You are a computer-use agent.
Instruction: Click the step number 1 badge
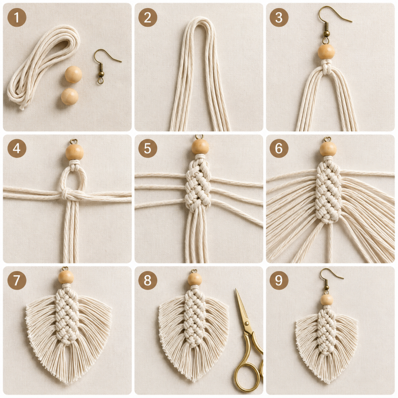(x=17, y=17)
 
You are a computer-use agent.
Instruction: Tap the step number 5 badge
(x=148, y=148)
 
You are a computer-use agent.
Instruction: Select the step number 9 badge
(x=279, y=280)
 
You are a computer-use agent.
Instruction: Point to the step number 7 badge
(x=17, y=280)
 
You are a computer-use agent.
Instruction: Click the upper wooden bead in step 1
(x=73, y=74)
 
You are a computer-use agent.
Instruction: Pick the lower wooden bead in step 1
(x=70, y=97)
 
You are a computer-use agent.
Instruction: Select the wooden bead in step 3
(x=326, y=52)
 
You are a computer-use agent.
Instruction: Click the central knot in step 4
(x=66, y=195)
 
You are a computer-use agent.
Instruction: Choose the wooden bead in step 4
(x=75, y=152)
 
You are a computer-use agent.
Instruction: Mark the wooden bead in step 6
(x=328, y=148)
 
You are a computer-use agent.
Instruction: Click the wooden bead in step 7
(x=66, y=277)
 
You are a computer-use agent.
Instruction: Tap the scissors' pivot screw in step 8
(x=246, y=324)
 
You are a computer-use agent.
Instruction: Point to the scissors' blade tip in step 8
(x=236, y=289)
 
